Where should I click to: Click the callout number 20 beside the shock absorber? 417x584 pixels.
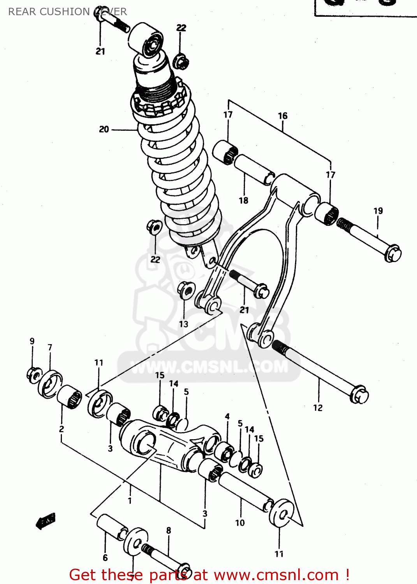pos(104,129)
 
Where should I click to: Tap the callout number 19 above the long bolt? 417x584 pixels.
pos(378,211)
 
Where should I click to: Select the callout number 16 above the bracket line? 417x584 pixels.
pos(283,116)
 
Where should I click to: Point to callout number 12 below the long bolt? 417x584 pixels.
pos(318,408)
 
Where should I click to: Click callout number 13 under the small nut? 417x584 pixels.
pos(183,324)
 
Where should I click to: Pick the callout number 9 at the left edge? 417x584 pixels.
pos(32,341)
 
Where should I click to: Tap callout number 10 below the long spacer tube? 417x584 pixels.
pos(240,523)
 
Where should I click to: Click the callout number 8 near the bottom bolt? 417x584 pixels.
pos(169,530)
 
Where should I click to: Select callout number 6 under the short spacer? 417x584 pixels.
pos(105,558)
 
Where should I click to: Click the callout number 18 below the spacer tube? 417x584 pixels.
pos(243,201)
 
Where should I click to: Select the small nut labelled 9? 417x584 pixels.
pos(34,374)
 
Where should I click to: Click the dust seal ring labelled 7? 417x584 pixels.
pos(50,385)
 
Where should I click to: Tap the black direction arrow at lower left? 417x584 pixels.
pos(46,521)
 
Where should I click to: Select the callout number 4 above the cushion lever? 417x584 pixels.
pos(227,417)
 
